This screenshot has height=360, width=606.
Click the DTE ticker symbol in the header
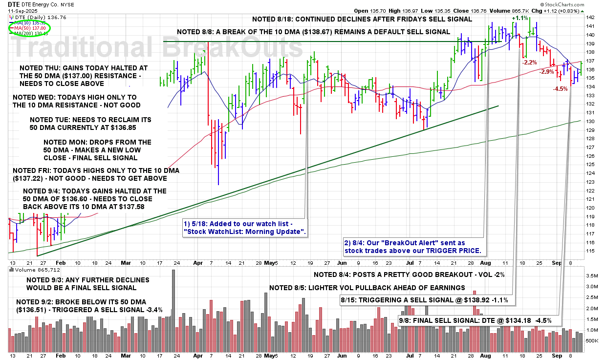pyautogui.click(x=14, y=3)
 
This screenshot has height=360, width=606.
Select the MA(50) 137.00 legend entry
pyautogui.click(x=33, y=28)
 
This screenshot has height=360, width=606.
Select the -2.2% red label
pyautogui.click(x=530, y=63)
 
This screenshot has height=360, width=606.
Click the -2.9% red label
pyautogui.click(x=546, y=72)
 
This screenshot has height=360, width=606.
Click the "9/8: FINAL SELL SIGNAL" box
pyautogui.click(x=479, y=320)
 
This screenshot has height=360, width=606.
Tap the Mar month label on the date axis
pyautogui.click(x=126, y=262)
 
